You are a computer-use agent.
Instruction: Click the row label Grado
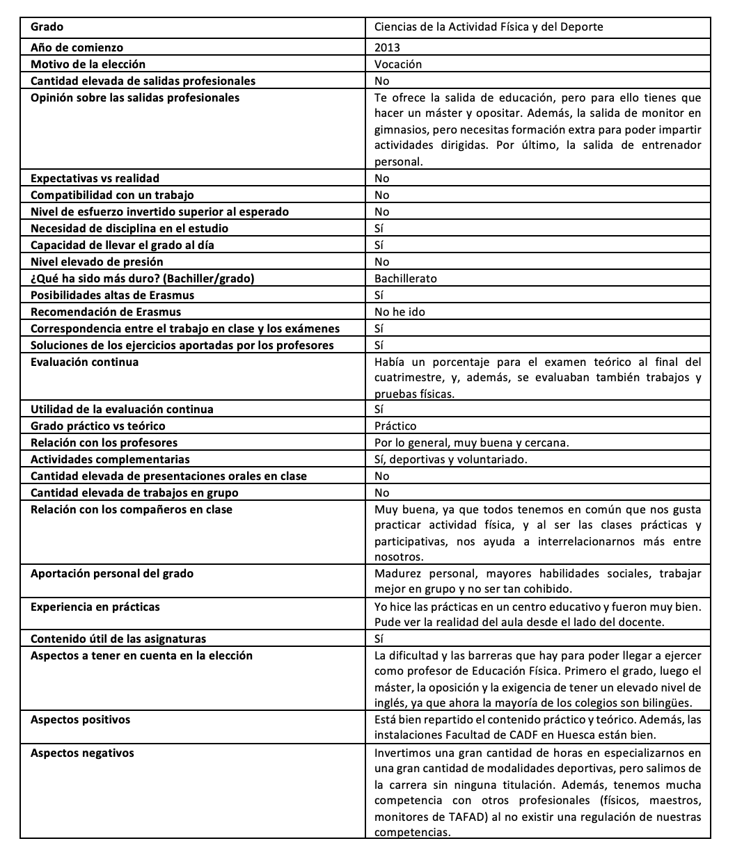pos(47,27)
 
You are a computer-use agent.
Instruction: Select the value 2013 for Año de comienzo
pos(387,48)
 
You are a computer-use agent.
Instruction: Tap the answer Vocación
pos(398,65)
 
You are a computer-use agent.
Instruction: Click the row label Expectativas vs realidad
pos(95,179)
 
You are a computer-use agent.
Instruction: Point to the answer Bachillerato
pos(405,279)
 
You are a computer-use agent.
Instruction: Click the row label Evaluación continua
pos(84,362)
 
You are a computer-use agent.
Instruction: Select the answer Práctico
pos(395,426)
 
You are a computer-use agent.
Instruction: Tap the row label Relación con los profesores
pos(104,443)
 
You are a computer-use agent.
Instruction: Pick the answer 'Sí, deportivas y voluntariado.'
pos(450,460)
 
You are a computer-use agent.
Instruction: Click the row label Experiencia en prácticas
pos(95,607)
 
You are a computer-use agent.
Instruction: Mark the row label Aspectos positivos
pos(80,720)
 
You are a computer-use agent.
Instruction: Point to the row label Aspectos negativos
pos(82,753)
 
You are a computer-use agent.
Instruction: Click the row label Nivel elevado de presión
pos(97,262)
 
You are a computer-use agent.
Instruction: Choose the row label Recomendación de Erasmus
pos(106,312)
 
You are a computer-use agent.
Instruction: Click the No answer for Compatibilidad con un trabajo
pos(382,195)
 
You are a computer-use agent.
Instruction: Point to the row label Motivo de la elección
pos(88,65)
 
